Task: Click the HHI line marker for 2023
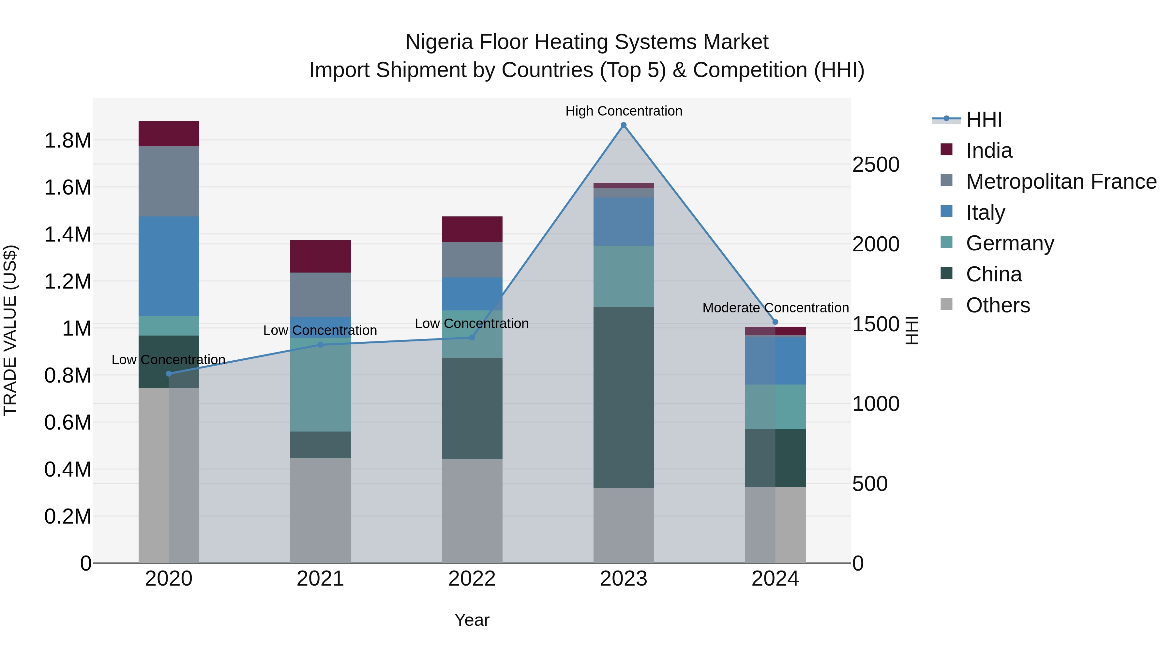[624, 125]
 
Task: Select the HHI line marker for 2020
[169, 374]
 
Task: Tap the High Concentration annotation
[624, 111]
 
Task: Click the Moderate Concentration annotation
[775, 308]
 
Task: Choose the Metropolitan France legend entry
[1061, 181]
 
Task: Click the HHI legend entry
[984, 119]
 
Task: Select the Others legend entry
[997, 305]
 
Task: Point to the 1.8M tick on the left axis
[68, 140]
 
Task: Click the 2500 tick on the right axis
[876, 165]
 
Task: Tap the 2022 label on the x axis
[472, 579]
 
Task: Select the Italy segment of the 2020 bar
[169, 266]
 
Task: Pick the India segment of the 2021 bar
[320, 256]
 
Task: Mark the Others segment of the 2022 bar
[472, 511]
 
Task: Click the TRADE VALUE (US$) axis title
[10, 330]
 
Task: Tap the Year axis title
[472, 620]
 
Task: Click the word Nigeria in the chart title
[438, 42]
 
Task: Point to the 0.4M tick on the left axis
[68, 469]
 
